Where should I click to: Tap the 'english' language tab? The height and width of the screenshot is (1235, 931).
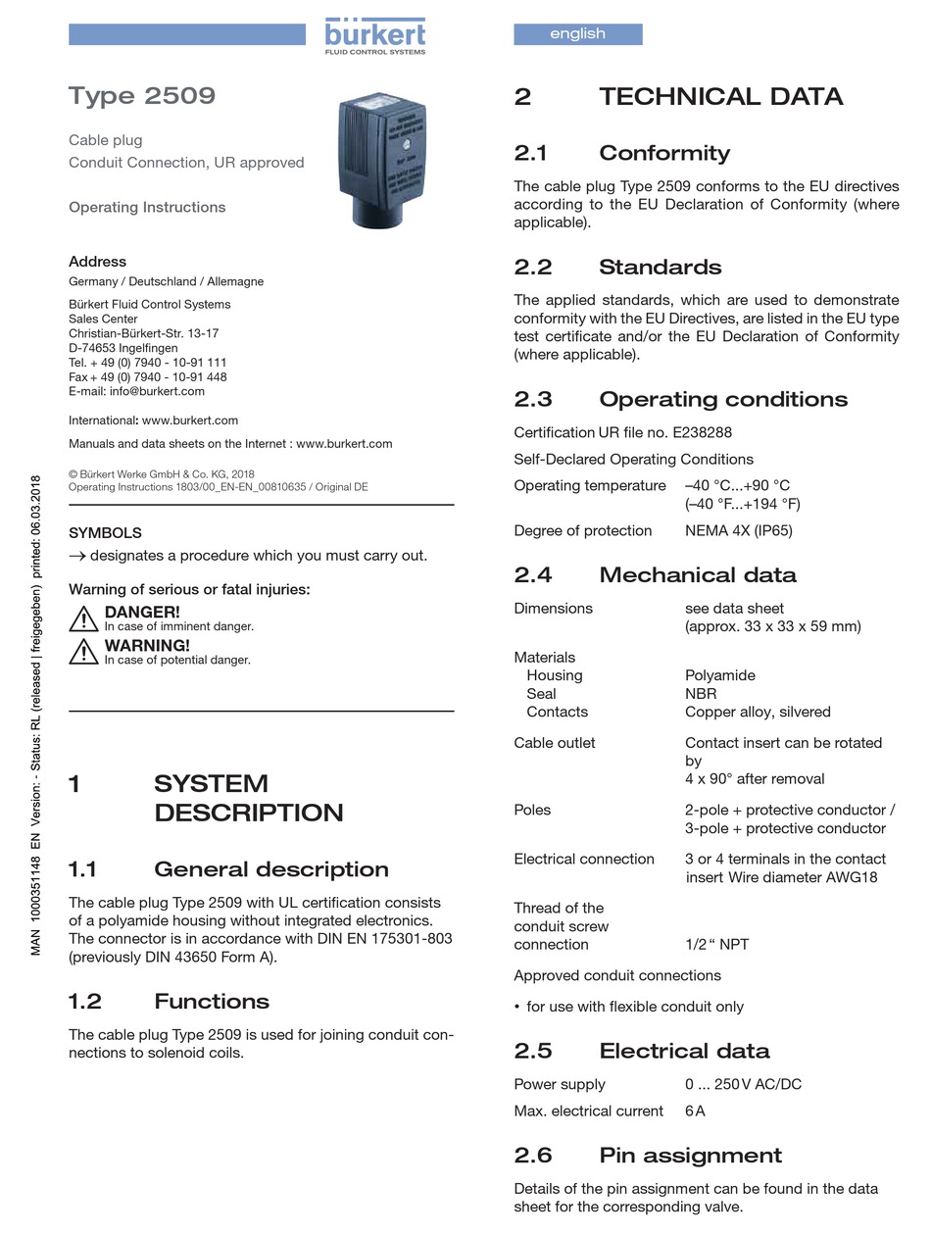(x=577, y=34)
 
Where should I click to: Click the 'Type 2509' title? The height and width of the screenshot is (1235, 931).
(x=142, y=96)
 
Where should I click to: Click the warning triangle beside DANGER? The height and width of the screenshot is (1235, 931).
(x=83, y=618)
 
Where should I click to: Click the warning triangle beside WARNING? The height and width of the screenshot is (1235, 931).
(x=83, y=652)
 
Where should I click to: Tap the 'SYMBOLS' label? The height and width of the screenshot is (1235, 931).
(x=105, y=533)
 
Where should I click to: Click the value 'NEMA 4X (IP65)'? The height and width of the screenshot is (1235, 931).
(x=738, y=531)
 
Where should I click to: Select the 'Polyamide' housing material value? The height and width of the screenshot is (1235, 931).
(x=719, y=675)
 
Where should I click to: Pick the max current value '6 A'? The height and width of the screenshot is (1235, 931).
(x=694, y=1111)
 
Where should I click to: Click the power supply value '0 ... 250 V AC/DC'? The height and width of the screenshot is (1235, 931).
(x=744, y=1084)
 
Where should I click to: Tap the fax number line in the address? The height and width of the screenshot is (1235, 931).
(x=147, y=376)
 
